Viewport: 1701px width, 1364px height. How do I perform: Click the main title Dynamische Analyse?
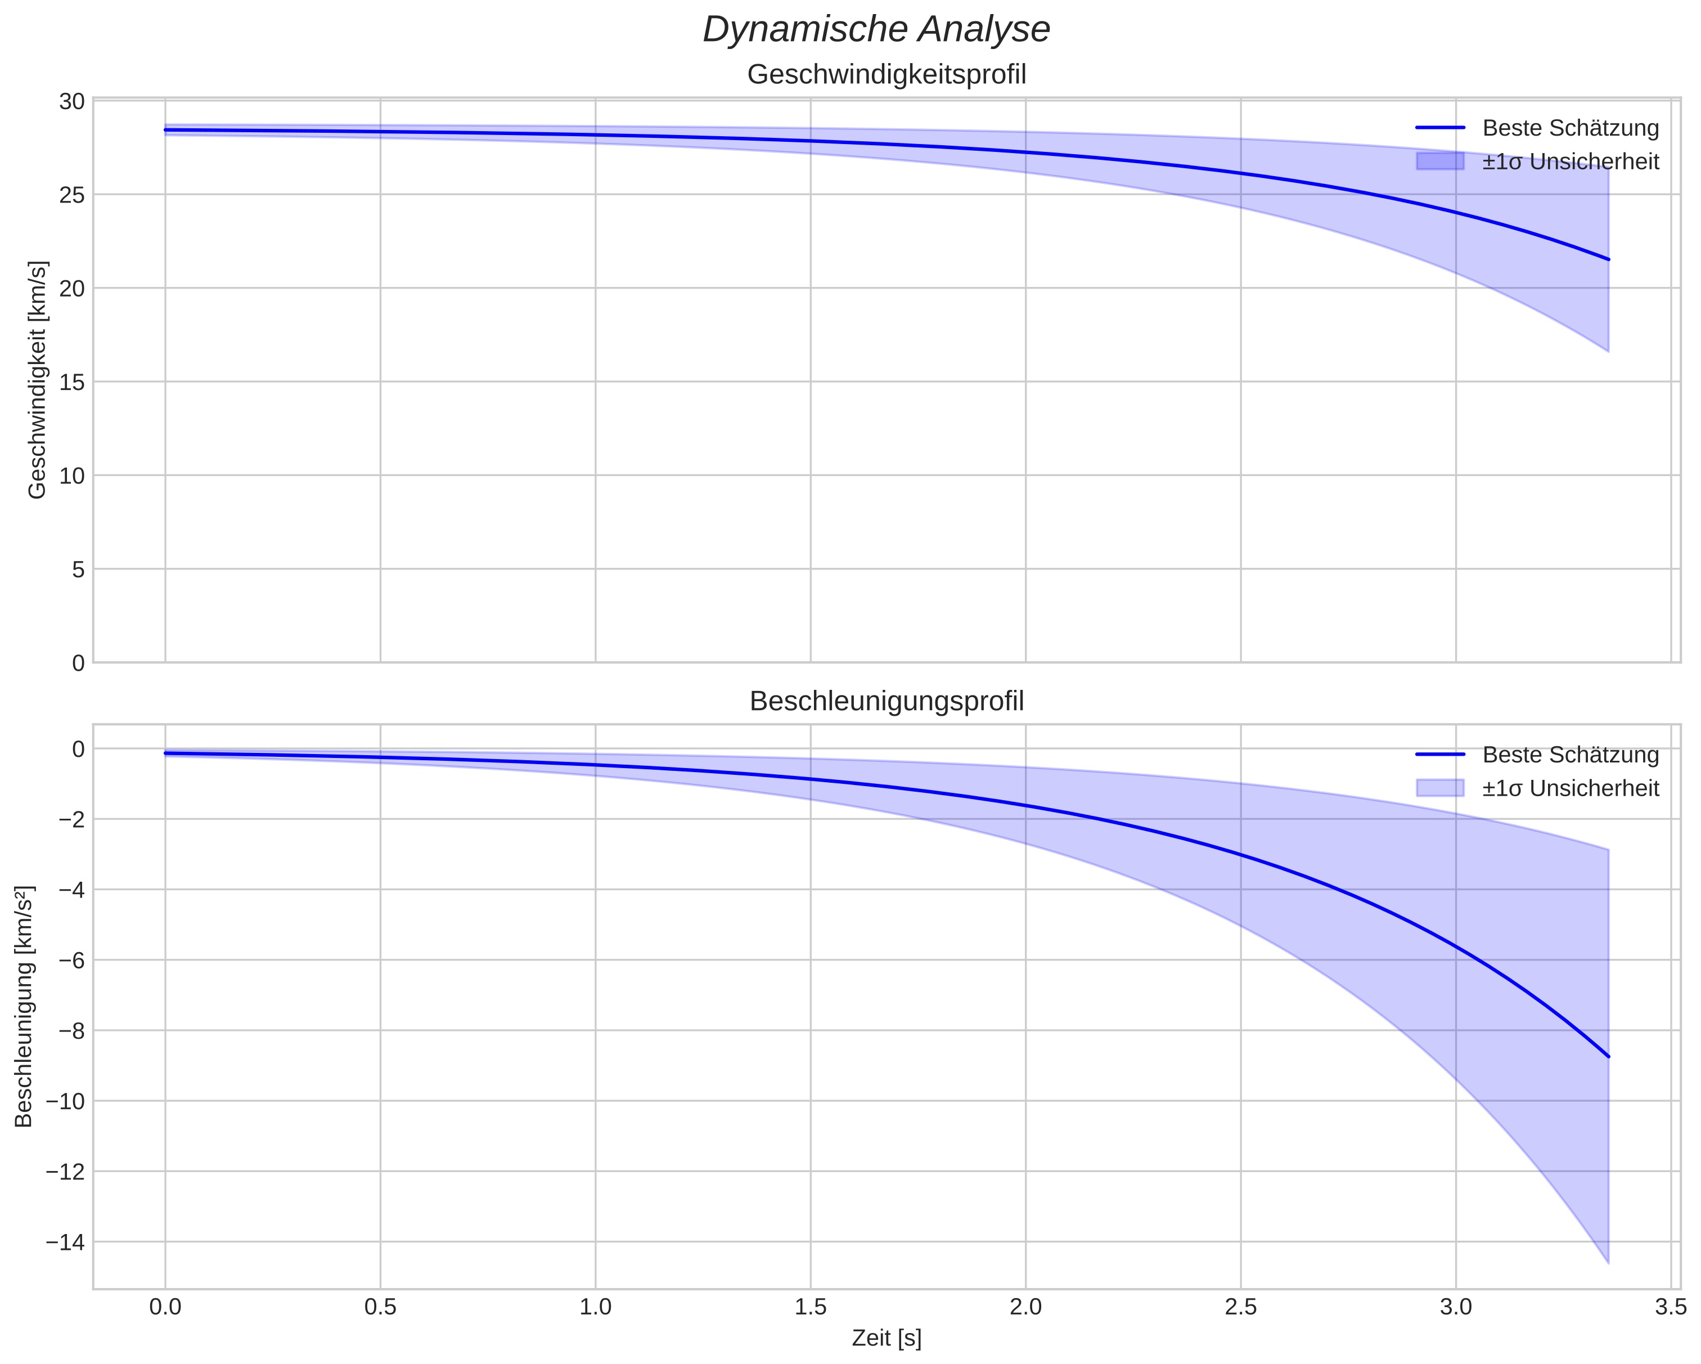coord(876,30)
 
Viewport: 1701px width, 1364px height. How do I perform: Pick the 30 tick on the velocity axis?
coord(72,101)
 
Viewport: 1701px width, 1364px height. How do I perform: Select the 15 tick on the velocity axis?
coord(72,382)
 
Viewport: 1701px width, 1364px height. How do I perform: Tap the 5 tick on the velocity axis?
coord(77,569)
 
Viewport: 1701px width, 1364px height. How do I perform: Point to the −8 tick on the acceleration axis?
coord(71,1030)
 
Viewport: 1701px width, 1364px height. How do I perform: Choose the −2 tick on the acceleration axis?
coord(71,819)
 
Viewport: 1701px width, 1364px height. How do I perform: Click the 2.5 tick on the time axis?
coord(1240,1308)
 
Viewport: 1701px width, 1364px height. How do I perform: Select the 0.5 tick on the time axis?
coord(380,1308)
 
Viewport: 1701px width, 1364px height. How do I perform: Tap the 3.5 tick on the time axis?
coord(1670,1308)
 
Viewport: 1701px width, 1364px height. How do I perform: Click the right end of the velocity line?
coord(1608,259)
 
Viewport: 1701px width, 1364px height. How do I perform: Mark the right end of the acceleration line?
coord(1608,1056)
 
